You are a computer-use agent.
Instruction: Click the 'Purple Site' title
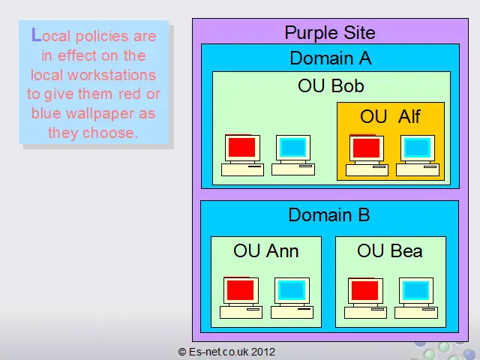point(330,33)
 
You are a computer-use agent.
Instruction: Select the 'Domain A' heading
point(331,58)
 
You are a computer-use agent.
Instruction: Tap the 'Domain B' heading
point(329,214)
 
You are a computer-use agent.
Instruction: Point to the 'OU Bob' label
point(331,85)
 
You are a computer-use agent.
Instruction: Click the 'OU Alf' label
point(390,116)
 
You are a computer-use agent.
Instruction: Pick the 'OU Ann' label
point(266,251)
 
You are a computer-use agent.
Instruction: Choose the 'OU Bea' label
point(390,251)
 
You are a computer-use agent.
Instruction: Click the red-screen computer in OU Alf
point(367,155)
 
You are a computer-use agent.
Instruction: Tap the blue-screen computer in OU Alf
point(418,155)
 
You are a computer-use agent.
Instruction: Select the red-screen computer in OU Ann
point(241,298)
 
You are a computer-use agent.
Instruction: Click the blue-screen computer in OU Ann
point(292,298)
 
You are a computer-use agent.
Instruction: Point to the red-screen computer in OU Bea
point(365,298)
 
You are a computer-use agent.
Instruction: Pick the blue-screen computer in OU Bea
point(416,298)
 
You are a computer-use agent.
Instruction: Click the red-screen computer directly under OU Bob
point(242,155)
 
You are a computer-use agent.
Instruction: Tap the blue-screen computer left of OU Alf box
point(293,155)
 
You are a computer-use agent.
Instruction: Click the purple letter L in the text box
point(36,35)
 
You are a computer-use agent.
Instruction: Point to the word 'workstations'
point(112,75)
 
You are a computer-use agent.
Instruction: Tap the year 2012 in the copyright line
point(263,352)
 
